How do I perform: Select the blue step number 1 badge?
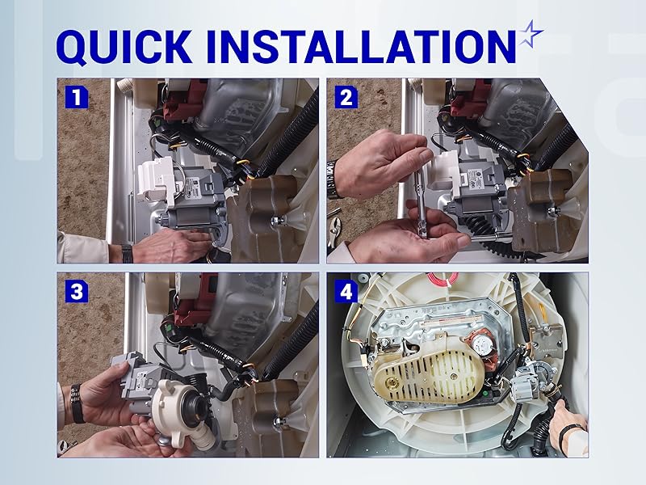pyautogui.click(x=77, y=98)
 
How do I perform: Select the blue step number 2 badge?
pyautogui.click(x=346, y=98)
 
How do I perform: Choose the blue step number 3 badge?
pyautogui.click(x=77, y=292)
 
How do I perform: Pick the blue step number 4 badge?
pyautogui.click(x=346, y=292)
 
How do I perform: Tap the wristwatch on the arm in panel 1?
pyautogui.click(x=127, y=252)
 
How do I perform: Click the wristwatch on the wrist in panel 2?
pyautogui.click(x=332, y=178)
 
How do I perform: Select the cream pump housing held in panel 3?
pyautogui.click(x=182, y=404)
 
